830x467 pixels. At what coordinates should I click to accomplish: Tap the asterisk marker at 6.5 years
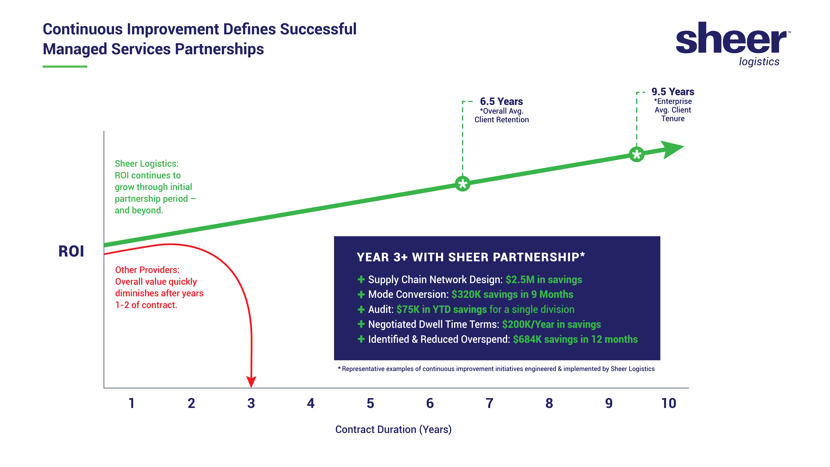(x=463, y=184)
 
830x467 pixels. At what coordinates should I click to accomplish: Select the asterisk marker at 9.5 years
(x=636, y=154)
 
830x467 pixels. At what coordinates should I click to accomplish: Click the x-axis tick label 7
(x=489, y=403)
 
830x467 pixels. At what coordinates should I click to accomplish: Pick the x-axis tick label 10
(x=669, y=403)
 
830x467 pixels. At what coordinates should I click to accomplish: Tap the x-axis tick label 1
(x=131, y=403)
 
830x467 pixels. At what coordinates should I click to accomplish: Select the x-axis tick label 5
(x=370, y=403)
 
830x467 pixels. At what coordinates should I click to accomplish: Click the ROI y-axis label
(x=71, y=251)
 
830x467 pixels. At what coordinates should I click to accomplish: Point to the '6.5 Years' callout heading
(x=501, y=101)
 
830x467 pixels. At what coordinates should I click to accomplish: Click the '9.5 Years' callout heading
(x=673, y=92)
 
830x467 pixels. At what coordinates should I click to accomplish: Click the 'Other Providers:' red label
(x=147, y=270)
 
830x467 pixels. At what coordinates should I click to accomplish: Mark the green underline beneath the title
(x=65, y=66)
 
